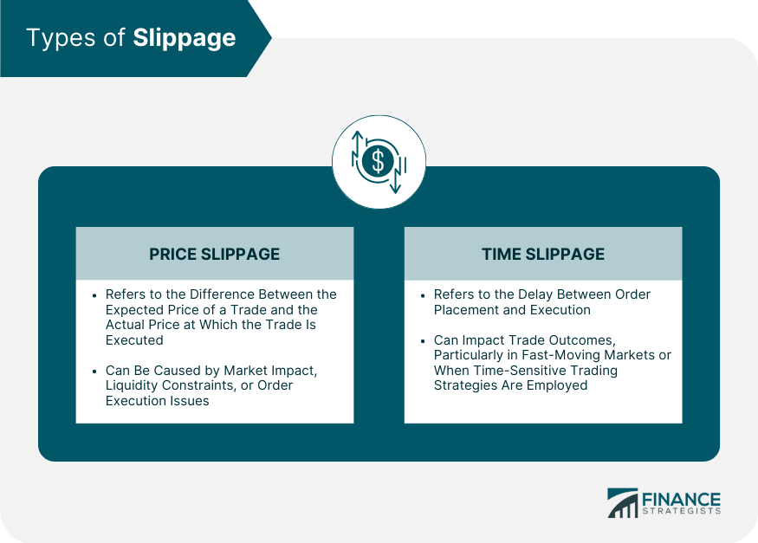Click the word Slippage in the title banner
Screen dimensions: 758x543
[x=185, y=39]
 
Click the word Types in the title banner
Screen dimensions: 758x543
[x=62, y=39]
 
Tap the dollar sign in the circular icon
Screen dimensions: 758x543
[x=378, y=161]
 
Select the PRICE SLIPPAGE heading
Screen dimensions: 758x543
[x=214, y=254]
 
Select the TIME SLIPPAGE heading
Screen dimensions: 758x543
[x=543, y=254]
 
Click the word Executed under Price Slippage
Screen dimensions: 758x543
[x=134, y=340]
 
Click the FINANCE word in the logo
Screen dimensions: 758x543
[x=681, y=500]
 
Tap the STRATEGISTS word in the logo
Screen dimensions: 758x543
[x=681, y=511]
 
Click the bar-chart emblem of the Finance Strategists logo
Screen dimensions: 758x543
[x=623, y=503]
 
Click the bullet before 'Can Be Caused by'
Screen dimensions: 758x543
[x=94, y=371]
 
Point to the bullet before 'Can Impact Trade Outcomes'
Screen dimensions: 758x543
[x=423, y=340]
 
